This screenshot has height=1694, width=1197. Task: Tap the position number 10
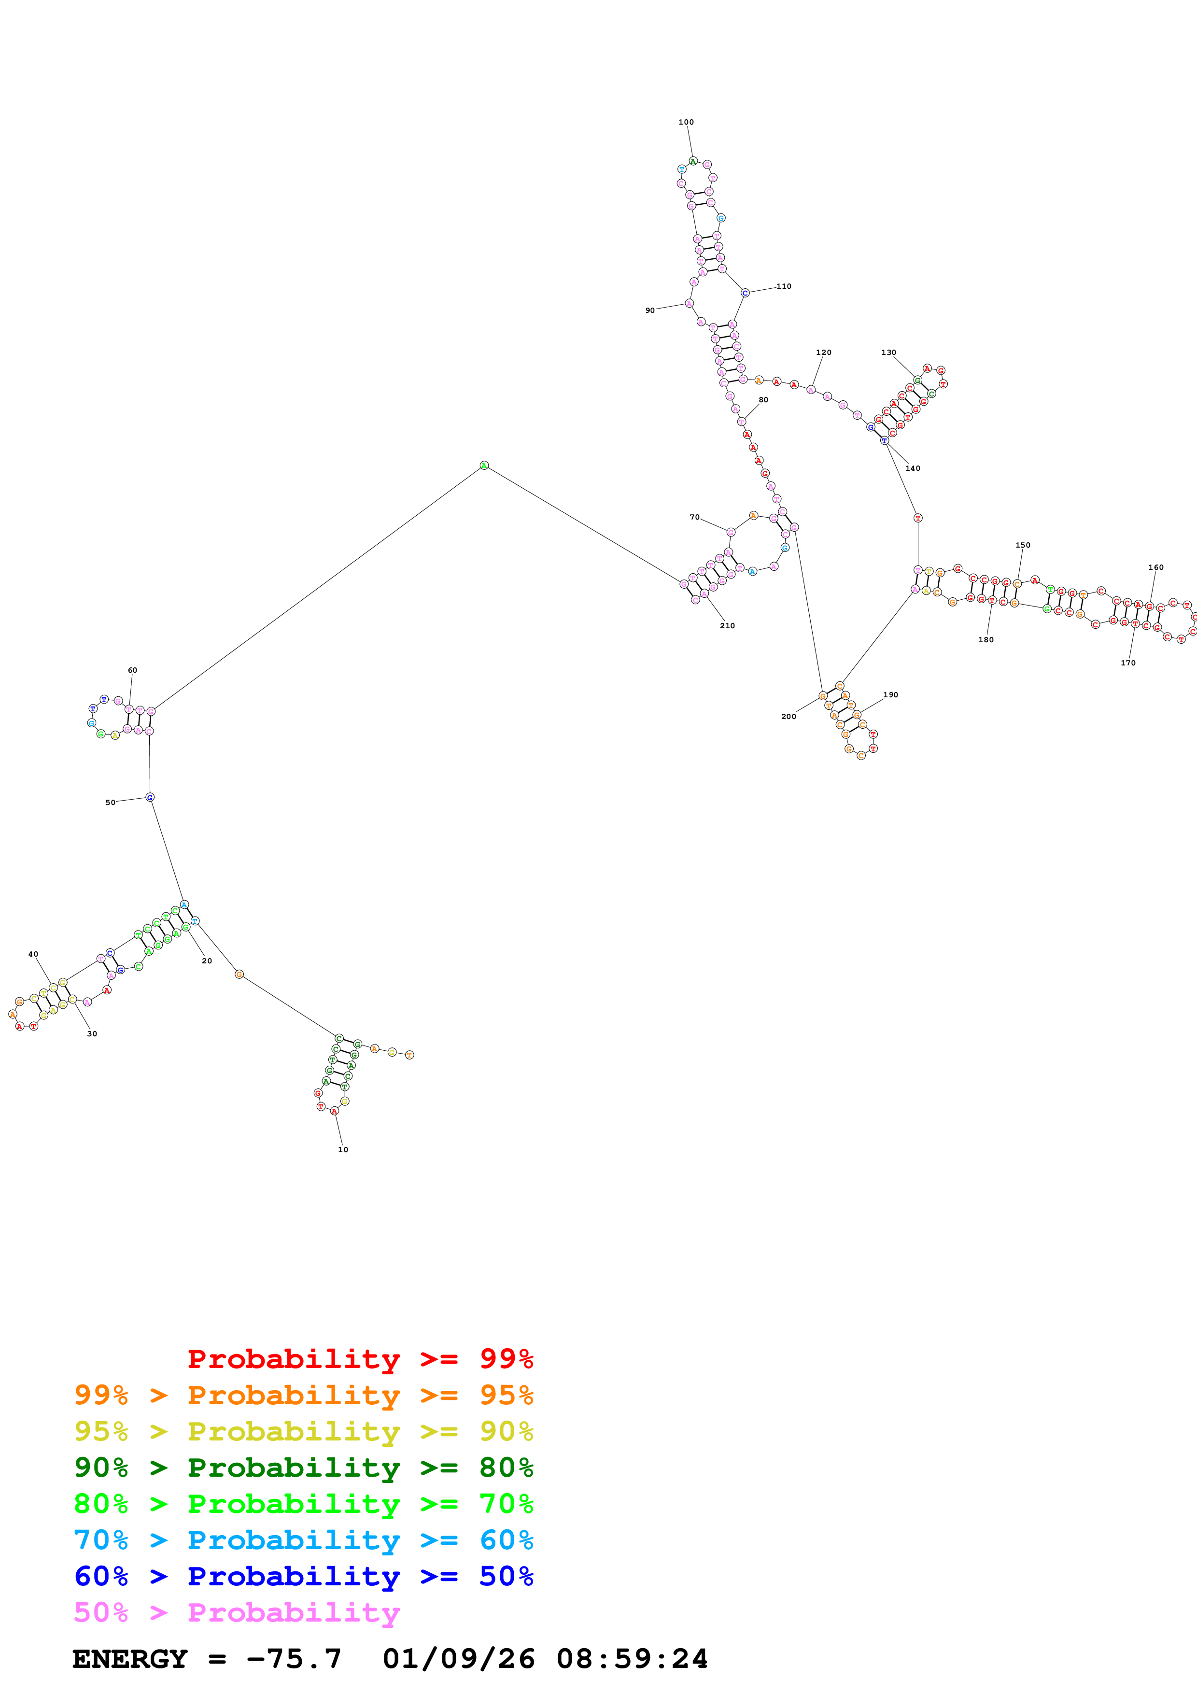click(x=343, y=1149)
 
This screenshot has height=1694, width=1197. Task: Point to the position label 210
click(x=727, y=626)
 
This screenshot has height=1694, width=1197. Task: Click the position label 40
click(x=33, y=954)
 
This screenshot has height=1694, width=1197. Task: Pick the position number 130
click(x=889, y=353)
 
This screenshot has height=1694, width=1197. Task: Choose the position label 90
click(x=650, y=311)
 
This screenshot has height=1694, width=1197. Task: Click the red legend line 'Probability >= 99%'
click(x=360, y=1358)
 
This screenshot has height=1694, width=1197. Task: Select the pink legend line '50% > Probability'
click(x=236, y=1612)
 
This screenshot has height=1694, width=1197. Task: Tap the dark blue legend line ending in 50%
click(x=303, y=1576)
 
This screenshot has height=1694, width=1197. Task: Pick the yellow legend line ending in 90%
click(x=303, y=1431)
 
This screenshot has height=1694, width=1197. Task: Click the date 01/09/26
click(x=458, y=1659)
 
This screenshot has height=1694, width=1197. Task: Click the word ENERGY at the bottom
click(x=130, y=1659)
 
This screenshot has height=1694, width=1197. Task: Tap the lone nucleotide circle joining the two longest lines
click(x=484, y=466)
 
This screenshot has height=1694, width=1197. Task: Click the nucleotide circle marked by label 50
click(x=150, y=797)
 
